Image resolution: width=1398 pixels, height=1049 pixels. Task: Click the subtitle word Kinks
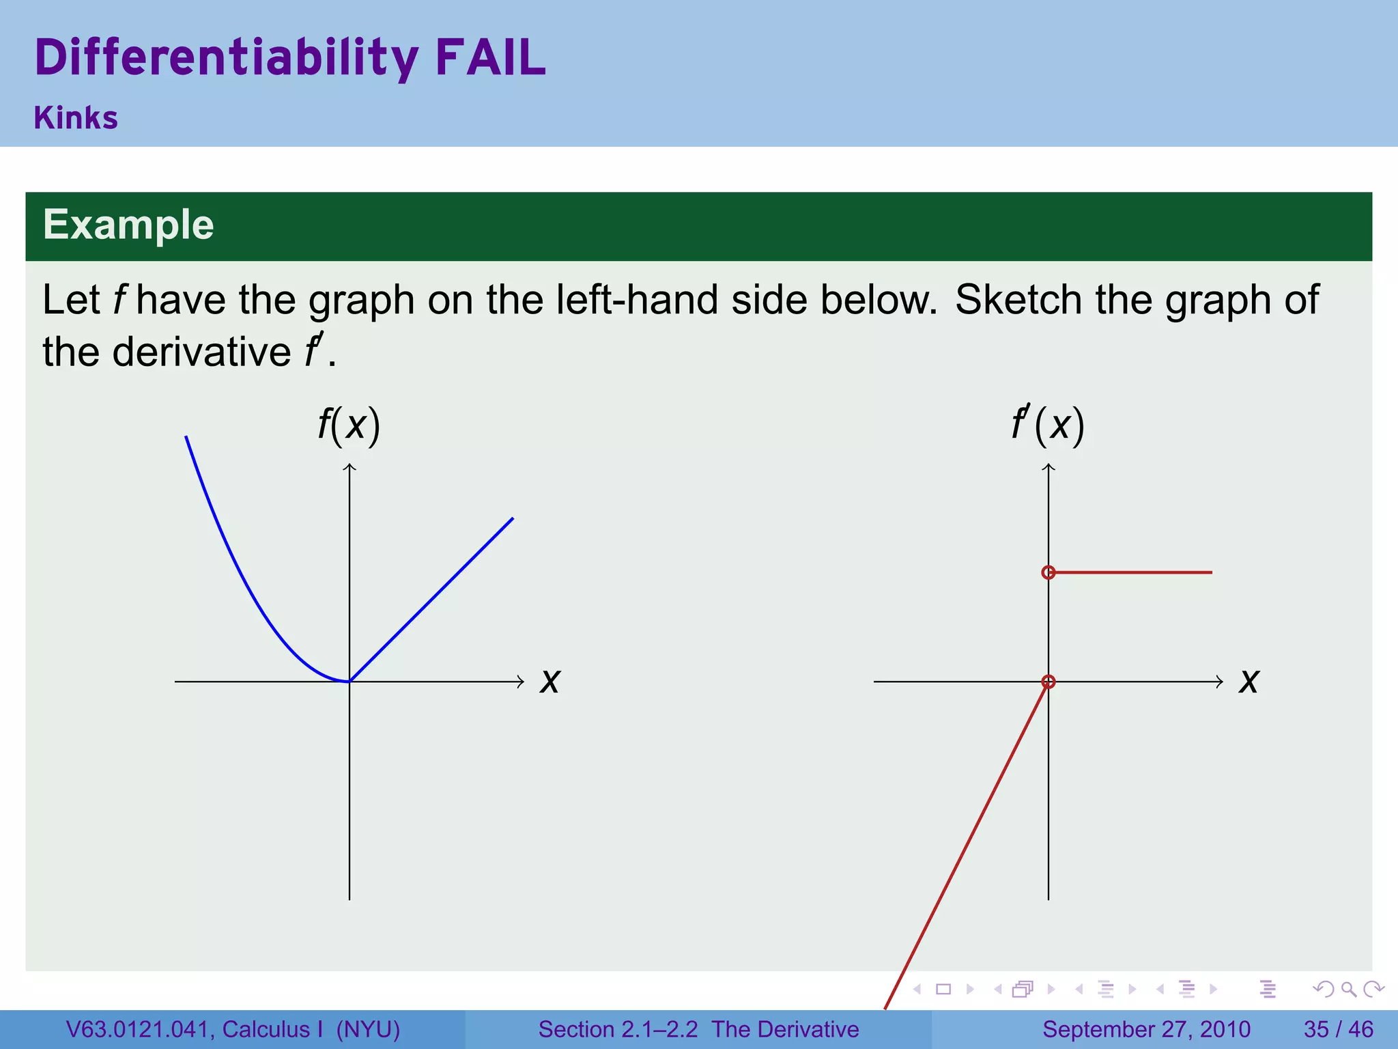(x=76, y=117)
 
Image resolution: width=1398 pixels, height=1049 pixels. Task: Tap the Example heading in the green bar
(x=128, y=225)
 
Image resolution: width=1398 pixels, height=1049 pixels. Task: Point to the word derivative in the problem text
(x=201, y=352)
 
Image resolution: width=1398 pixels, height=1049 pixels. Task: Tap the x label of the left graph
(x=550, y=681)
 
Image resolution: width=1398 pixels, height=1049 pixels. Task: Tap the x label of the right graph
(x=1249, y=681)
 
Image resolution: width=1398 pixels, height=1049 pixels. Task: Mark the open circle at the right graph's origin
(x=1048, y=682)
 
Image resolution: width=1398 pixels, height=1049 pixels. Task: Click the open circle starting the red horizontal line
(x=1048, y=572)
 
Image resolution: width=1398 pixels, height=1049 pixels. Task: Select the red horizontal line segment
(x=1133, y=572)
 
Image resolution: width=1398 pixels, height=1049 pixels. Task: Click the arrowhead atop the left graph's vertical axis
(x=349, y=467)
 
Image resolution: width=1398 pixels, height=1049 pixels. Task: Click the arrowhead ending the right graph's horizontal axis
(x=1219, y=682)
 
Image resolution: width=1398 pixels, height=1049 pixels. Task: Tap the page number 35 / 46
(x=1338, y=1029)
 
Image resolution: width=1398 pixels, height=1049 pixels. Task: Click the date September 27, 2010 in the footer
(x=1146, y=1029)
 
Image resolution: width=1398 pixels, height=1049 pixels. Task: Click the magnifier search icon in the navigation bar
(x=1348, y=989)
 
